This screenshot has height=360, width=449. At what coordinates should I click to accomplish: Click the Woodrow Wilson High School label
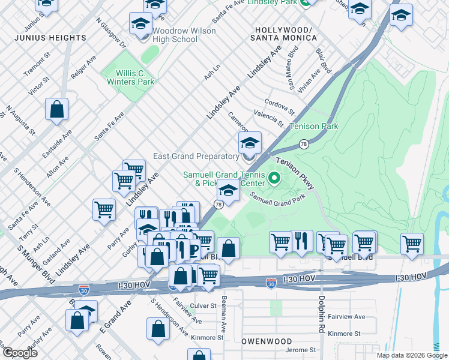175,35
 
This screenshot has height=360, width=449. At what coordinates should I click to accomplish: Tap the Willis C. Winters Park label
128,77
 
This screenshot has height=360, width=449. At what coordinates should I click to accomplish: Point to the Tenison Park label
313,126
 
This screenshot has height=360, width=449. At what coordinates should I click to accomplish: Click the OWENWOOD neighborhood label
267,341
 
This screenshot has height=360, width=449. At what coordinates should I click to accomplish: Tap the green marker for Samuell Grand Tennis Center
274,178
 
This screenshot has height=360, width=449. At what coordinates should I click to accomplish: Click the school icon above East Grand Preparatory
250,144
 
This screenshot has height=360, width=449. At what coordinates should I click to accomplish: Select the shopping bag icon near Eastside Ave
57,110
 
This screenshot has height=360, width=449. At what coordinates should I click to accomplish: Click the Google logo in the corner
20,353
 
